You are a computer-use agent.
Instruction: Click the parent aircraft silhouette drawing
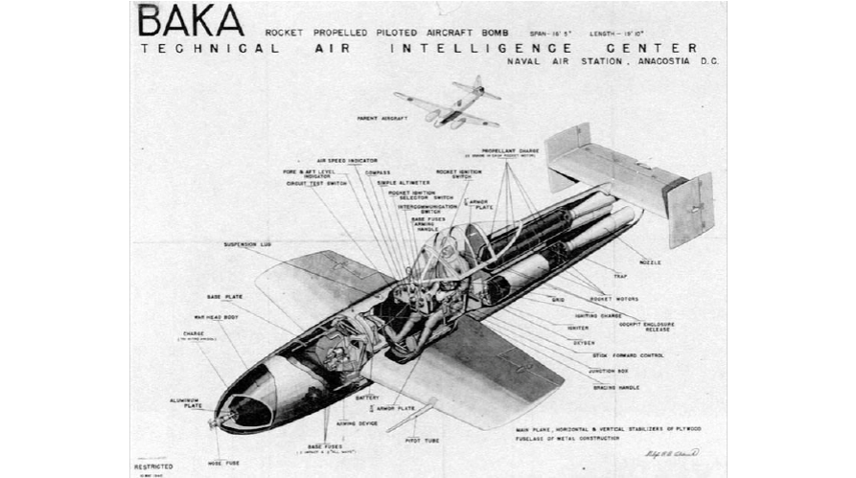click(448, 103)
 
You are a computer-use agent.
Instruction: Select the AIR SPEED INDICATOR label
click(347, 161)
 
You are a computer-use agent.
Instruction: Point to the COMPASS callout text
click(378, 172)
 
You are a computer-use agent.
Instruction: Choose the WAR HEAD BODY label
click(215, 317)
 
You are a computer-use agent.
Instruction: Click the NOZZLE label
click(649, 262)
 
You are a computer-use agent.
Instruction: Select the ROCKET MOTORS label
click(620, 299)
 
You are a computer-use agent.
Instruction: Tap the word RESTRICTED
click(153, 467)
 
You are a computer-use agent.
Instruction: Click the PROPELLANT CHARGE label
click(510, 151)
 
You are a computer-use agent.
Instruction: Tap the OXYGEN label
click(585, 342)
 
